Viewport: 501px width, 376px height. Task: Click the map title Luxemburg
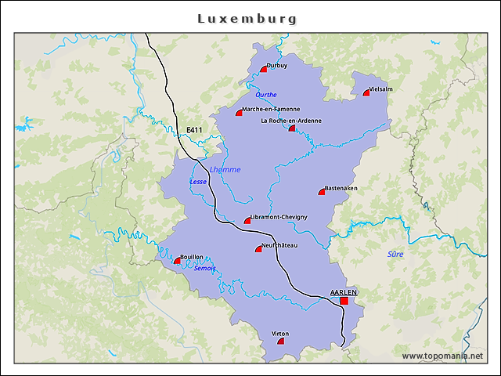tap(247, 17)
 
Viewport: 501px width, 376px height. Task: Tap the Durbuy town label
tap(277, 66)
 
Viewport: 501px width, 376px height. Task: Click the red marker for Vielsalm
tap(366, 93)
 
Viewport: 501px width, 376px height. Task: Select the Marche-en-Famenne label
tap(271, 109)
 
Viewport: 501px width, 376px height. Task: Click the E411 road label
tap(194, 130)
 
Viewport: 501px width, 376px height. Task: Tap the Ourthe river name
tap(266, 94)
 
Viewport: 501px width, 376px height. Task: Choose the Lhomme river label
tap(225, 169)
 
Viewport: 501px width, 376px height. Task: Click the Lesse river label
tap(198, 182)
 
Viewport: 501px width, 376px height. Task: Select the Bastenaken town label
tap(341, 188)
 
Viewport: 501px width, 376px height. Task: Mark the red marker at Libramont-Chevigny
tap(247, 222)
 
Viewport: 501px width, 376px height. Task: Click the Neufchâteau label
tap(281, 246)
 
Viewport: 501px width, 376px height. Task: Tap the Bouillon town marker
tap(177, 262)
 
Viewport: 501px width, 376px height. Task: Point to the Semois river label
tap(204, 268)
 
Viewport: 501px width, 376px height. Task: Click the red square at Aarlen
tap(344, 300)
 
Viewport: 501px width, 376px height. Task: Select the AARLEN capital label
tap(344, 291)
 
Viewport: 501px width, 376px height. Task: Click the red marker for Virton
tap(281, 342)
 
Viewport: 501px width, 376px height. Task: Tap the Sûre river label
tap(396, 254)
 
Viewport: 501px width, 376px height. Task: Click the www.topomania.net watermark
tap(442, 356)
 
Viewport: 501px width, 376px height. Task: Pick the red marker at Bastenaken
tap(321, 192)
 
